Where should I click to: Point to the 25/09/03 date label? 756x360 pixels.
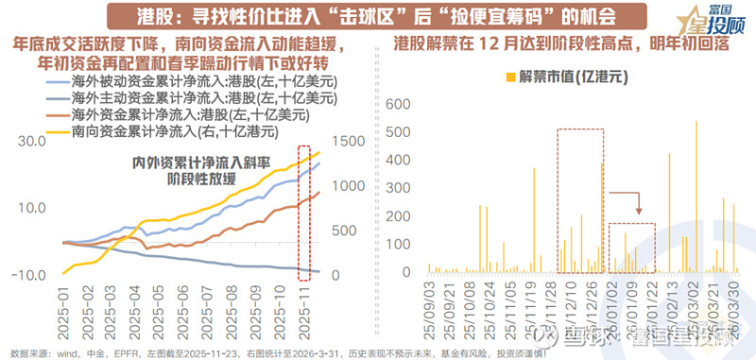[428, 306]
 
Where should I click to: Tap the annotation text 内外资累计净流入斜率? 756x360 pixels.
[195, 162]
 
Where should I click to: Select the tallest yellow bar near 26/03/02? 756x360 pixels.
[696, 197]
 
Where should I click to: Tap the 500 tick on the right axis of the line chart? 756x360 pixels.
[343, 231]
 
